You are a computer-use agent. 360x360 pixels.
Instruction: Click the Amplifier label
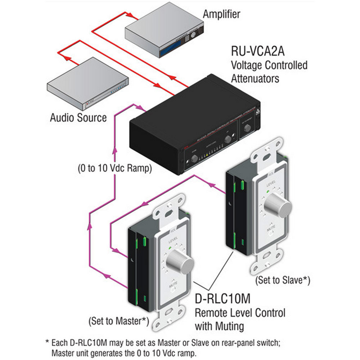click(x=221, y=14)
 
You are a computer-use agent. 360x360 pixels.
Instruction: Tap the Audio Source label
click(x=78, y=117)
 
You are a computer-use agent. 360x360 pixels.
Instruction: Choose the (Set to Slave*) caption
click(x=283, y=280)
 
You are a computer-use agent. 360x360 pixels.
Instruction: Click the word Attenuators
click(x=256, y=78)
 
